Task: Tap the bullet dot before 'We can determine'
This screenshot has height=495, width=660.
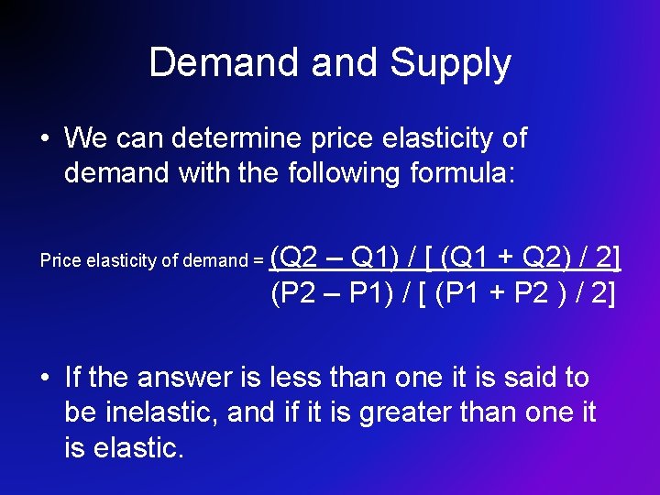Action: coord(44,140)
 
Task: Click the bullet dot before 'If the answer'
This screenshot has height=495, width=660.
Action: coord(44,378)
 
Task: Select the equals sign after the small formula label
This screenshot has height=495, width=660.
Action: coord(257,261)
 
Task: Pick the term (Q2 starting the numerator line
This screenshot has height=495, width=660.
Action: coord(293,258)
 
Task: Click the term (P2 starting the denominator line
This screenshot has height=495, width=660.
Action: coord(293,293)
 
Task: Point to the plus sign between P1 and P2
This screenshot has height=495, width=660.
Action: coord(505,293)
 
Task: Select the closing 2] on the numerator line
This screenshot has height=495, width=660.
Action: coord(608,258)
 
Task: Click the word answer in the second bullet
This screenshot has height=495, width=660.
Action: coord(182,377)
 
